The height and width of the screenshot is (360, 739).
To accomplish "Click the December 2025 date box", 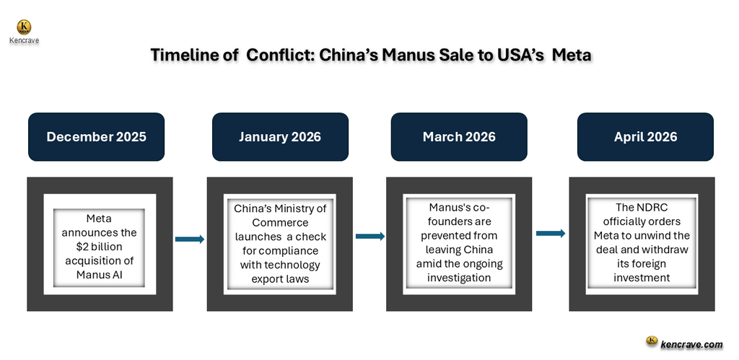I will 96,136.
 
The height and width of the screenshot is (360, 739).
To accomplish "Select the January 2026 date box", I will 280,136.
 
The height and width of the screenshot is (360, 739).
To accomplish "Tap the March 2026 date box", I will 459,136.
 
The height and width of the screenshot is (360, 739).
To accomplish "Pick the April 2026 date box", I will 645,136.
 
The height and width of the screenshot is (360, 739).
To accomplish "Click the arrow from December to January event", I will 190,239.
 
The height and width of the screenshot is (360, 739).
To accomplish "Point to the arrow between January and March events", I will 369,235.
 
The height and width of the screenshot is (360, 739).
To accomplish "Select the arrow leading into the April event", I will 551,232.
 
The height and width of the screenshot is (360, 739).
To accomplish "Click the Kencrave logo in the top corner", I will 25,28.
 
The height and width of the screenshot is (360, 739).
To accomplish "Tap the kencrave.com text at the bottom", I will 691,344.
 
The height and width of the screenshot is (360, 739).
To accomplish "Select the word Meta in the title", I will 572,56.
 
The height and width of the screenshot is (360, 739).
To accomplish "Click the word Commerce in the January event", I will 280,222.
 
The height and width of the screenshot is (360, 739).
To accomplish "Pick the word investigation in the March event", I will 459,277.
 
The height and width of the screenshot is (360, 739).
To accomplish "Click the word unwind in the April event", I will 666,235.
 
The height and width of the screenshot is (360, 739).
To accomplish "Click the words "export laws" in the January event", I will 280,278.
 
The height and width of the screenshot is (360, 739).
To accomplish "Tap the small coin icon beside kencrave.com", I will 651,341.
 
